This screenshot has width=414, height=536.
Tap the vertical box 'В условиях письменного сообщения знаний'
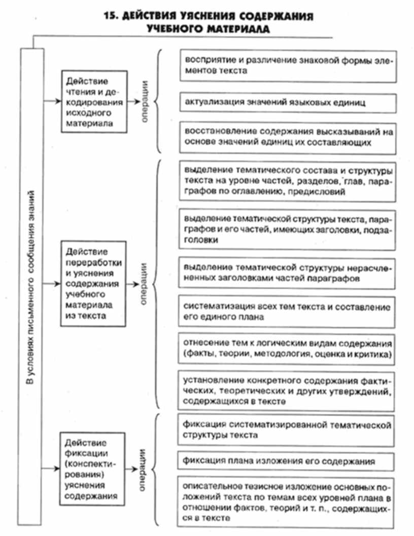click(31, 284)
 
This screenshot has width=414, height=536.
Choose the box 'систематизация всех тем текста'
click(287, 313)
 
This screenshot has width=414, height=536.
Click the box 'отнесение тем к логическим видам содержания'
click(287, 348)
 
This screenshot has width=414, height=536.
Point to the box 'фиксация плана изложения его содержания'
click(287, 462)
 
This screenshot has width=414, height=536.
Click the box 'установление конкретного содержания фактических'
click(287, 389)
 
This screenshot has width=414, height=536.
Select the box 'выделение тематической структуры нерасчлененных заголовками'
click(287, 273)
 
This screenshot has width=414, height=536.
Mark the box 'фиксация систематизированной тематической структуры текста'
click(287, 429)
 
